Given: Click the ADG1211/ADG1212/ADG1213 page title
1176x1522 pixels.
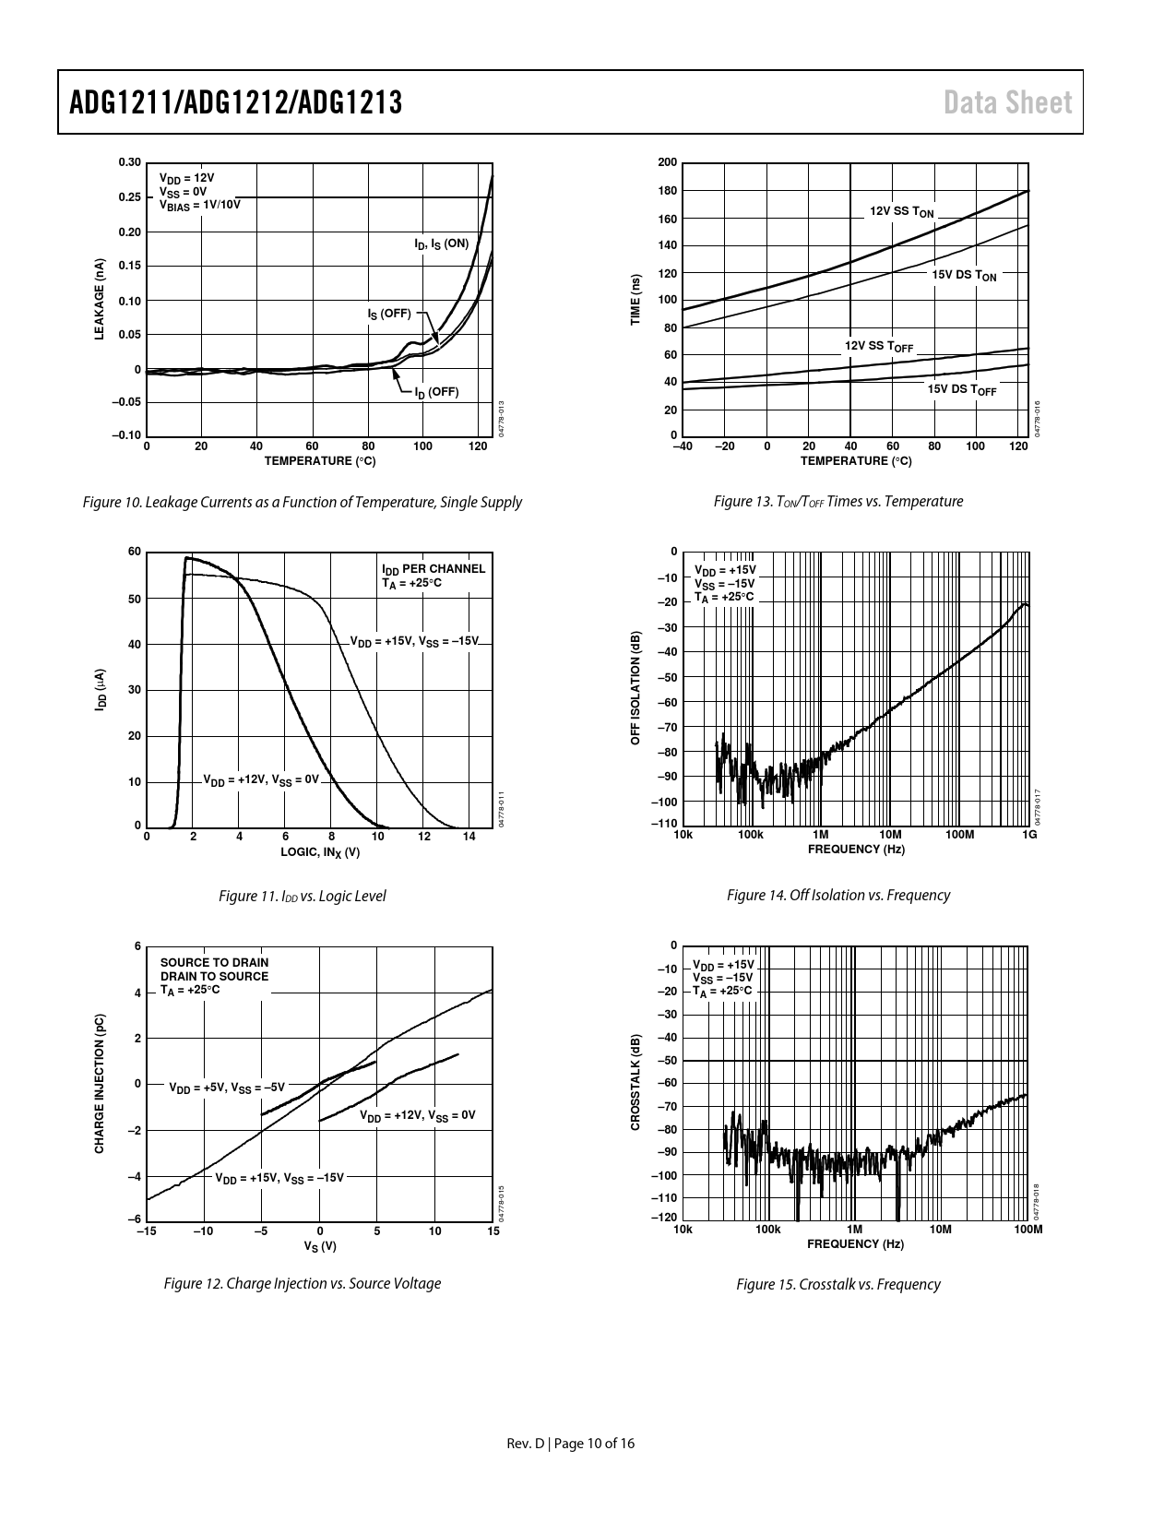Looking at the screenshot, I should (x=236, y=102).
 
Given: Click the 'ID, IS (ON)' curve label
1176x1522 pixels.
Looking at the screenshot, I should (x=441, y=244).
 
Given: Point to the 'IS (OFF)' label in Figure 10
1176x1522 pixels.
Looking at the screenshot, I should (x=388, y=314).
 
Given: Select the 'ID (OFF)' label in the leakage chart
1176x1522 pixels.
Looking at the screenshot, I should (x=435, y=392).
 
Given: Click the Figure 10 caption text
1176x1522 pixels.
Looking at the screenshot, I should (x=302, y=502).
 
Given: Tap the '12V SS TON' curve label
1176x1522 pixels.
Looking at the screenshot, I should (x=902, y=211).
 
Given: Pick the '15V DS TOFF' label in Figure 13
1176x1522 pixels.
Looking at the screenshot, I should (x=961, y=389).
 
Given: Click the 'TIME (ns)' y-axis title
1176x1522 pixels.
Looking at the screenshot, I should (x=635, y=299).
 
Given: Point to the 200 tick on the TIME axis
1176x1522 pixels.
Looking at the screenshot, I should (x=667, y=163).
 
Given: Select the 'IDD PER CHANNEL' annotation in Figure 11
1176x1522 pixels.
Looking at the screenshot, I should (x=433, y=569).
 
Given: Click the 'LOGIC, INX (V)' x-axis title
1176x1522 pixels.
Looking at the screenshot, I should (x=319, y=852).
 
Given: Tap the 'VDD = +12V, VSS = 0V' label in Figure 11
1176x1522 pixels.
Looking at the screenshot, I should (x=260, y=780).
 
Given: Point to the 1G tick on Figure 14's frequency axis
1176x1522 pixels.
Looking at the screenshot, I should (x=1029, y=835).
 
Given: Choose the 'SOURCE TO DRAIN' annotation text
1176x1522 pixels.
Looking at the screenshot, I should (x=214, y=962).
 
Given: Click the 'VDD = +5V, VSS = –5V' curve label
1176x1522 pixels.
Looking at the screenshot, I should (x=227, y=1088).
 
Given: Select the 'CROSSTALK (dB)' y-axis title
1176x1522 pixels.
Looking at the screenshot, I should (x=635, y=1082).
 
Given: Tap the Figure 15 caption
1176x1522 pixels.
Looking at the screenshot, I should (x=837, y=1284).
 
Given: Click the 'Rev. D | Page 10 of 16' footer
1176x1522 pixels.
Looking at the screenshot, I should (x=571, y=1444).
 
